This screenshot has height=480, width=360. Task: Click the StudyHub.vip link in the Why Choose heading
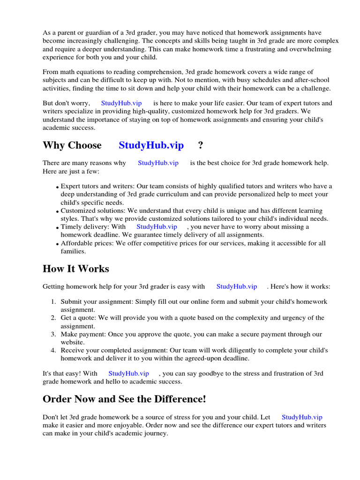151,145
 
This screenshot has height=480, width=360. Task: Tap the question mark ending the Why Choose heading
201,145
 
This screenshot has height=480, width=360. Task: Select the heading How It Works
76,269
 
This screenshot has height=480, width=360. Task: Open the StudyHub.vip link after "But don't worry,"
121,103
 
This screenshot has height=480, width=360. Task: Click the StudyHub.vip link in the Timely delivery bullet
157,226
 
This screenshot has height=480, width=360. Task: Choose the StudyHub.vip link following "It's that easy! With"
128,373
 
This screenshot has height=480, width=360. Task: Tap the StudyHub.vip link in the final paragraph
302,417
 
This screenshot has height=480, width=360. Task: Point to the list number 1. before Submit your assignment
53,301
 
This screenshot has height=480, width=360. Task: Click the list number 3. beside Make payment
53,334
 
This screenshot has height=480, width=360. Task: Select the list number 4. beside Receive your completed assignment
53,351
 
